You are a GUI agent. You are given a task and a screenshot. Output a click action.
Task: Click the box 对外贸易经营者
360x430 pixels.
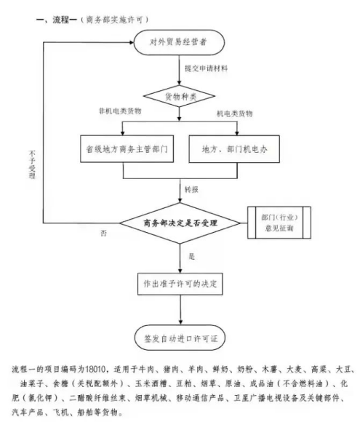pyautogui.click(x=179, y=42)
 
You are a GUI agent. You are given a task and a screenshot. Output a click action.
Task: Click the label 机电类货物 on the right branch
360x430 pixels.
pyautogui.click(x=235, y=114)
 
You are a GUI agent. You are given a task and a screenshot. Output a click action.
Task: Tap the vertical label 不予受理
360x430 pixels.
pyautogui.click(x=32, y=164)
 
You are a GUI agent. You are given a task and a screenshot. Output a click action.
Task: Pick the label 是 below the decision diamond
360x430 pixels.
pyautogui.click(x=192, y=256)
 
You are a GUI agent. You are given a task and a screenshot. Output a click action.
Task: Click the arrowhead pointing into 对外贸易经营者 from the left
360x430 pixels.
pyautogui.click(x=131, y=42)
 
